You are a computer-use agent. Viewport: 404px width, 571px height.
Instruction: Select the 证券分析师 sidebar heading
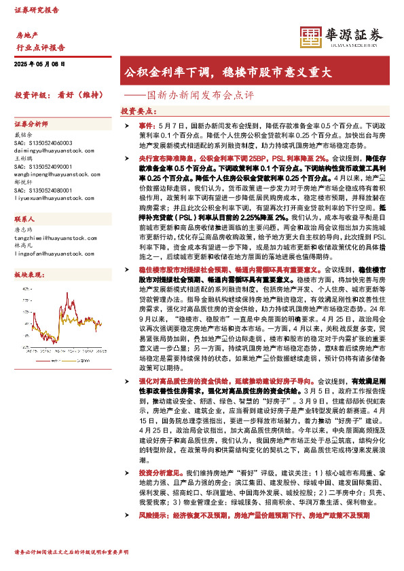coord(31,125)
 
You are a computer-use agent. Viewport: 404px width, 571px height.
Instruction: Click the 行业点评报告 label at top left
coord(40,47)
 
